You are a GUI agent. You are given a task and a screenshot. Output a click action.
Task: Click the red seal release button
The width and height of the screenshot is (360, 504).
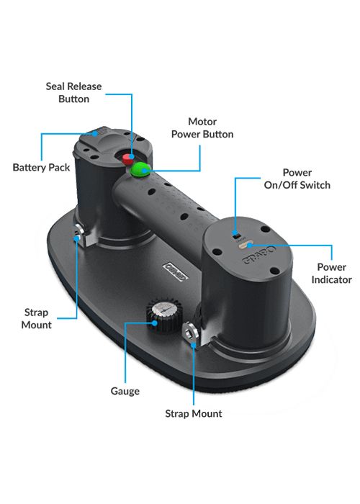coord(127,158)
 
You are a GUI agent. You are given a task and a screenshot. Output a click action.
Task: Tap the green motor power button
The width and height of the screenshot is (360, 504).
coord(140,169)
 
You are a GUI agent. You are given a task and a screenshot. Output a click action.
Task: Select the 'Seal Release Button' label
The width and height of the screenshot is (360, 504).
coord(73,93)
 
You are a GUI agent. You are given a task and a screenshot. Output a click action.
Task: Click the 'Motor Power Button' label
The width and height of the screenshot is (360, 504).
coord(202,128)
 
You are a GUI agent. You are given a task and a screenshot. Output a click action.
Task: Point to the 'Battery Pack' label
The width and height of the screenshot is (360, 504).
coord(41,168)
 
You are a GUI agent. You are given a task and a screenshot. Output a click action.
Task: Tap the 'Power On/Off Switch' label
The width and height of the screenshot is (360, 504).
coord(297,179)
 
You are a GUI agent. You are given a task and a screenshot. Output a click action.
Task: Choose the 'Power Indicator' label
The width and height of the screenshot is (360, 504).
coord(331,273)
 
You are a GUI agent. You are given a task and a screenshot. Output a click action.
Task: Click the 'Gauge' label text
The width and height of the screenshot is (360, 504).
coord(125,391)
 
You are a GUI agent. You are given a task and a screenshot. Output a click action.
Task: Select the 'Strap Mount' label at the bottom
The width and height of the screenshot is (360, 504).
coord(194,413)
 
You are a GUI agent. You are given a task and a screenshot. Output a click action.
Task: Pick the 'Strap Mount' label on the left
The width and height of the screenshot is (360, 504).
coord(36,318)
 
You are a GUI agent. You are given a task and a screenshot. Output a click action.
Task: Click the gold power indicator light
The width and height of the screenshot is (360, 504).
coord(245,246)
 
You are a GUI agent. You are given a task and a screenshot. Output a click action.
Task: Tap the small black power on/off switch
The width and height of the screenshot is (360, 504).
coord(235,233)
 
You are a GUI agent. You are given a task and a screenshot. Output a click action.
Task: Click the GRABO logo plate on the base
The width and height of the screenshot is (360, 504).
coord(176,271)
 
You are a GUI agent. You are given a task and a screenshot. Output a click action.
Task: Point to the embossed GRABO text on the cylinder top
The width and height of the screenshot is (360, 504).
coord(259,255)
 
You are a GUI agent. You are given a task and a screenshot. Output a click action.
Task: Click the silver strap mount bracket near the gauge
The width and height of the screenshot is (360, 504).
coord(192,333)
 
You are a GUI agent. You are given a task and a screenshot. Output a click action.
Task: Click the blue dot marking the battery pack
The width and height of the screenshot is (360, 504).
coord(95,133)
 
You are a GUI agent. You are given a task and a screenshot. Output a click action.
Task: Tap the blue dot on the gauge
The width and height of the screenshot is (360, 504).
coord(155,323)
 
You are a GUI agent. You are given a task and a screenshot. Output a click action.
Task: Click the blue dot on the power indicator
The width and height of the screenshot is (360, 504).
coord(250,246)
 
